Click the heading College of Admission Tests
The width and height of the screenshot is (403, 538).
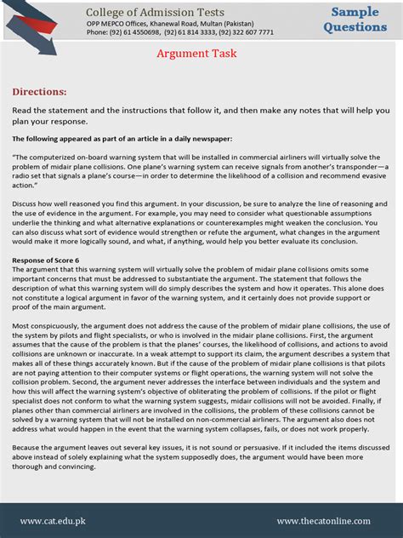tap(155, 12)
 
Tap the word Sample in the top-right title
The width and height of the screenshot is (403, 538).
tap(355, 12)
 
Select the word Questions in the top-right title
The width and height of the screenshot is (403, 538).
tap(355, 26)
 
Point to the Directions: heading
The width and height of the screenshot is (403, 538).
tap(39, 91)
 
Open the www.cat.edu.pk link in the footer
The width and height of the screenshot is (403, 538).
tap(52, 521)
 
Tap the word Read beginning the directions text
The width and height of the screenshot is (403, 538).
tap(22, 111)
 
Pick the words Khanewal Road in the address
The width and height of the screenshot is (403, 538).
tap(173, 23)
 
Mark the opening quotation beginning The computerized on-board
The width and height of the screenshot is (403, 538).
tap(51, 157)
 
